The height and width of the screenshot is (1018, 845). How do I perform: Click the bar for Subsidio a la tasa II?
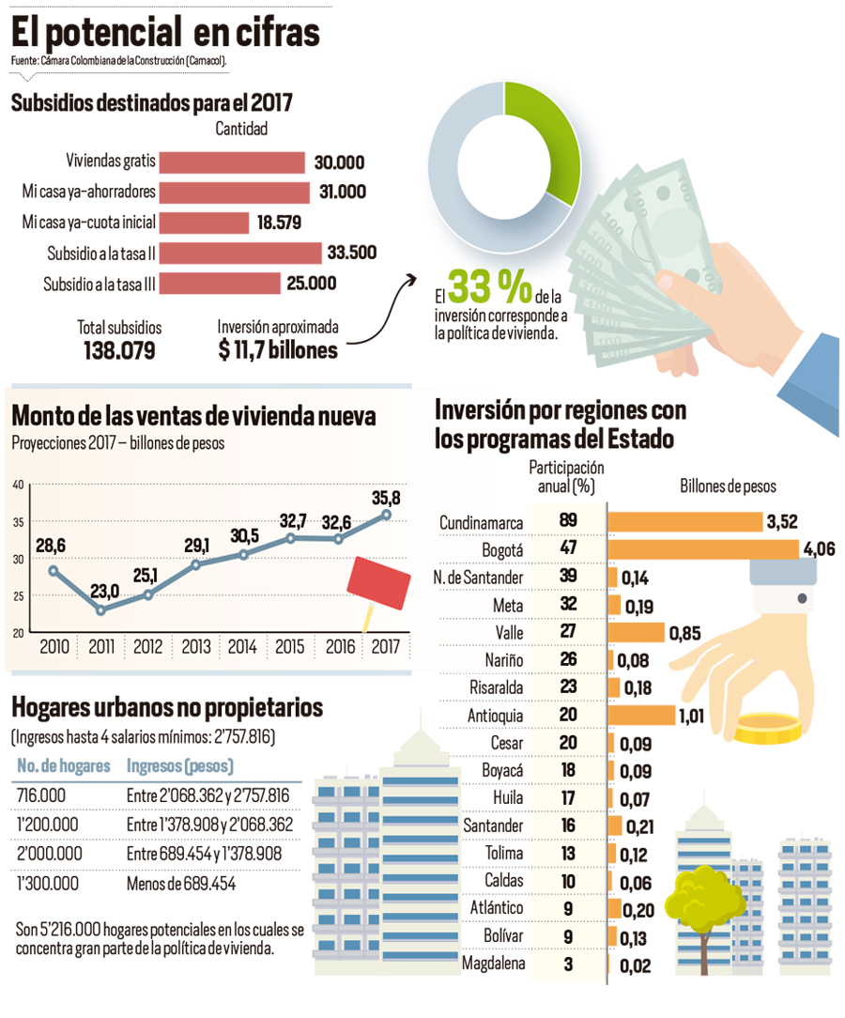[240, 253]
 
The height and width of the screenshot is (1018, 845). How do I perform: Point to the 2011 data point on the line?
[101, 609]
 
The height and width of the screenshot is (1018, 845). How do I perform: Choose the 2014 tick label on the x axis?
[242, 647]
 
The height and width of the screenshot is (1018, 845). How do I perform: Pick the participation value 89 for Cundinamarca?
[568, 520]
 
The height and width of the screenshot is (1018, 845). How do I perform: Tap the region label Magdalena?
[493, 963]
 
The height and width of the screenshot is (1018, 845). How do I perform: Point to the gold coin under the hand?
[768, 728]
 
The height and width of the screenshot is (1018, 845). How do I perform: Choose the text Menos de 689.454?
[181, 884]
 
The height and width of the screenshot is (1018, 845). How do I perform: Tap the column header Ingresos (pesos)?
[179, 765]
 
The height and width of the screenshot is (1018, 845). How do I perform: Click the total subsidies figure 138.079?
[119, 350]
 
